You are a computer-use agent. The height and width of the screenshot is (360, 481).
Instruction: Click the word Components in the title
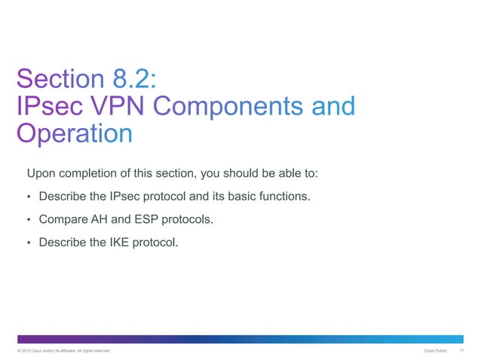(230, 105)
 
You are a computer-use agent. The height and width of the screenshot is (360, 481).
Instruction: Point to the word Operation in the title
(74, 133)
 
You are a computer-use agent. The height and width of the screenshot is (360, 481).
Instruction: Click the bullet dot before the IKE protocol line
(29, 243)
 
